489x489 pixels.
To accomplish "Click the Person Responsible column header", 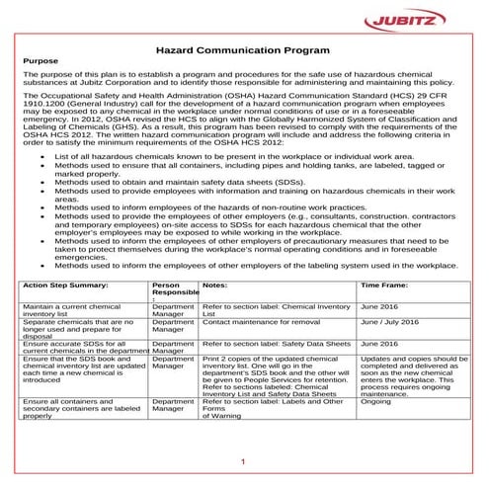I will tap(174, 288).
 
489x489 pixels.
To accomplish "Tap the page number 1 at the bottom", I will tap(243, 460).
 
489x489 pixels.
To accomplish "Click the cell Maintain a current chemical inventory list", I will tap(74, 311).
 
